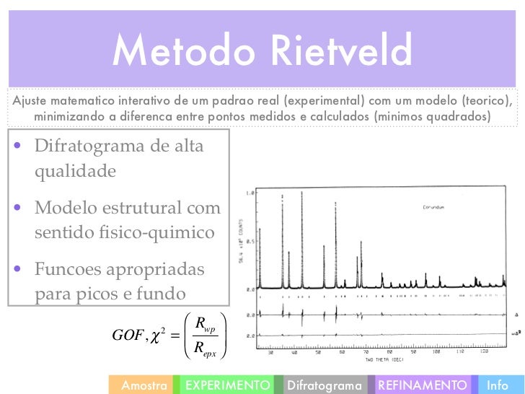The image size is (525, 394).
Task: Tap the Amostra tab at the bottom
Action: click(144, 385)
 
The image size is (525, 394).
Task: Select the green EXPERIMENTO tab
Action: click(228, 385)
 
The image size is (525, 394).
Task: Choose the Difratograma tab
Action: click(324, 385)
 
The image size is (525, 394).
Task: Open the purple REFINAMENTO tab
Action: click(422, 385)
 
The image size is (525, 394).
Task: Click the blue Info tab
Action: click(498, 385)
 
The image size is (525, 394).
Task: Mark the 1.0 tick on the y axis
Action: click(250, 193)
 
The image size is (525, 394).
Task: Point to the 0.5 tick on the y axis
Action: click(250, 241)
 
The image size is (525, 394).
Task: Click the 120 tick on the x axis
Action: click(483, 353)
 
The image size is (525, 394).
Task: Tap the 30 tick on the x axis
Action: click(270, 353)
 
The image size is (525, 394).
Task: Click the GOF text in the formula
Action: click(128, 334)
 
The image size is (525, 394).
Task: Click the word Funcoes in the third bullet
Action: click(71, 270)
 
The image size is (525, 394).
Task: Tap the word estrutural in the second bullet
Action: click(153, 209)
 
